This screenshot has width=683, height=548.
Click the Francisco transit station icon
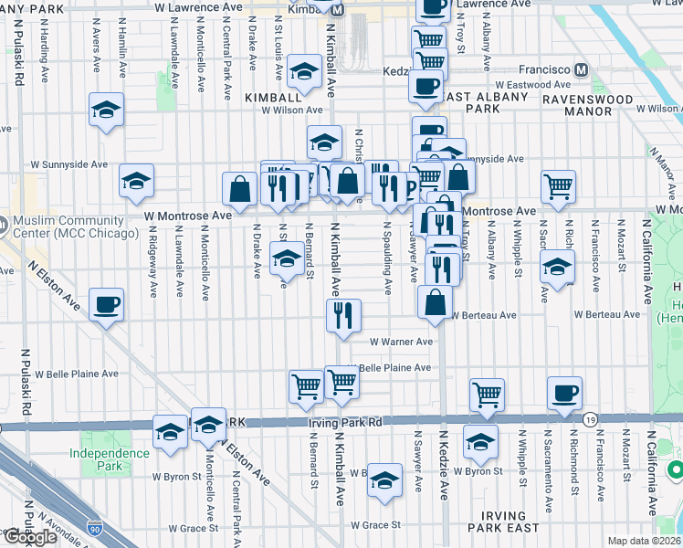coord(581,69)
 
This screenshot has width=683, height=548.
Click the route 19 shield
coord(592,418)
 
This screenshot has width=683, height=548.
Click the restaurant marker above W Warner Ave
coord(344,315)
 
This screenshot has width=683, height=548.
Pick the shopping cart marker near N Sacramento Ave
coord(558,186)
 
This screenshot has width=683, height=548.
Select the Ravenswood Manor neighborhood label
coord(589,105)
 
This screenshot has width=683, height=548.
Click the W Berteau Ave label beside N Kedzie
coord(484,315)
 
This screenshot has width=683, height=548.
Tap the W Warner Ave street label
coord(401,342)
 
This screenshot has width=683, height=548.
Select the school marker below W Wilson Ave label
coord(324,142)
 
